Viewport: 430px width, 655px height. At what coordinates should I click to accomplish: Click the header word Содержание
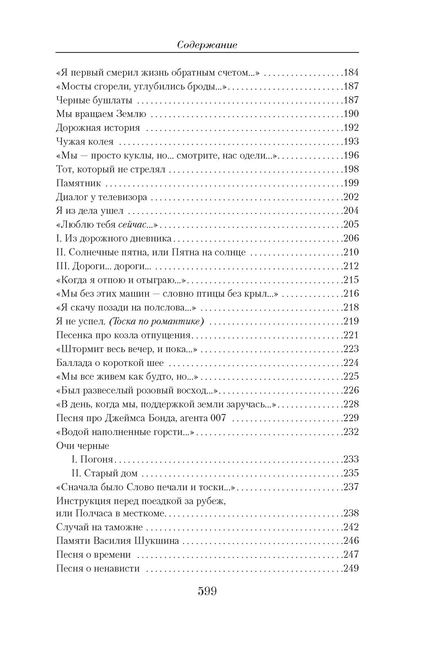point(207,45)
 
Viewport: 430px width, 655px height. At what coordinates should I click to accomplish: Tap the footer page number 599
point(207,591)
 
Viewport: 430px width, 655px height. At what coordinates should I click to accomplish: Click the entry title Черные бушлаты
point(94,100)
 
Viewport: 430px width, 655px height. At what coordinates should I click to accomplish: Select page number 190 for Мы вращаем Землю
point(351,114)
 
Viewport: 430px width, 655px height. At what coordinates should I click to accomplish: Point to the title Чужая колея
point(85,142)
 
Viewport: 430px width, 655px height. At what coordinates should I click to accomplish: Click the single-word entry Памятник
point(79,183)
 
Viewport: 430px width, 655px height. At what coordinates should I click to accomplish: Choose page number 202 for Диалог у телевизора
point(351,197)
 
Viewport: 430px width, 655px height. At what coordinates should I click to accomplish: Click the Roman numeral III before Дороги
point(63,266)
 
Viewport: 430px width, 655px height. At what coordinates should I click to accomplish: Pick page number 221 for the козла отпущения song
point(351,335)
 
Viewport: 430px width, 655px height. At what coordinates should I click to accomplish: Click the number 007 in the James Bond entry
point(217,418)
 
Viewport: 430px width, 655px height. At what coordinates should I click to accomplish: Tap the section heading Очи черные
point(83,446)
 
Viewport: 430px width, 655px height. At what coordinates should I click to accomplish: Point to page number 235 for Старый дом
point(351,473)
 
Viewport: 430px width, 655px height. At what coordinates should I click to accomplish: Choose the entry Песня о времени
point(93,555)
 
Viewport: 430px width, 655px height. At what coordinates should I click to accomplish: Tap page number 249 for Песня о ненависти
point(351,568)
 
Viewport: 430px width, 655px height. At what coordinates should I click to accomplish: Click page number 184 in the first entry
point(351,73)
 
